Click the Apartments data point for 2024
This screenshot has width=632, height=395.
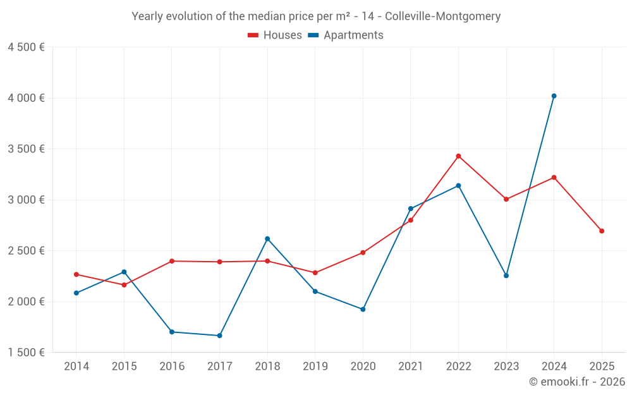(554, 96)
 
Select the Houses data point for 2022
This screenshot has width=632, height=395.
(459, 156)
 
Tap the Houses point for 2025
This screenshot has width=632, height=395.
(602, 231)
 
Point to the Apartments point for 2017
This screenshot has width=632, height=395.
(219, 336)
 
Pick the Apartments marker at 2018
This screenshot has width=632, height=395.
(267, 239)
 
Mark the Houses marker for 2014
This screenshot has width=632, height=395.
(76, 274)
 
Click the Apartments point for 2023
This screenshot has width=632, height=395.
(506, 276)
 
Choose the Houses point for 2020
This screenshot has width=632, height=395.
(363, 253)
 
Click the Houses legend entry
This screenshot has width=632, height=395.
(275, 35)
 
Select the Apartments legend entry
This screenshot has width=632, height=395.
(346, 35)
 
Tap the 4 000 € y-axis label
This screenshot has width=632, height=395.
(27, 98)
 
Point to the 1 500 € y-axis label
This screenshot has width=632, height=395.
(27, 353)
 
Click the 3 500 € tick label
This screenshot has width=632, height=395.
(27, 149)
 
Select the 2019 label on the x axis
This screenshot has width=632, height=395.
(315, 367)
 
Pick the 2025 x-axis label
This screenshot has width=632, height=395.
(602, 367)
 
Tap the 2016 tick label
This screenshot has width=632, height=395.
(172, 367)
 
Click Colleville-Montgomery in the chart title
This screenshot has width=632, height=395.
(442, 16)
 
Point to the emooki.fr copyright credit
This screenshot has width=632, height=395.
(577, 382)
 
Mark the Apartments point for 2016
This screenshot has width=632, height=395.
(172, 332)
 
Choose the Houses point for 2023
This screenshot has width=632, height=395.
(506, 199)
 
